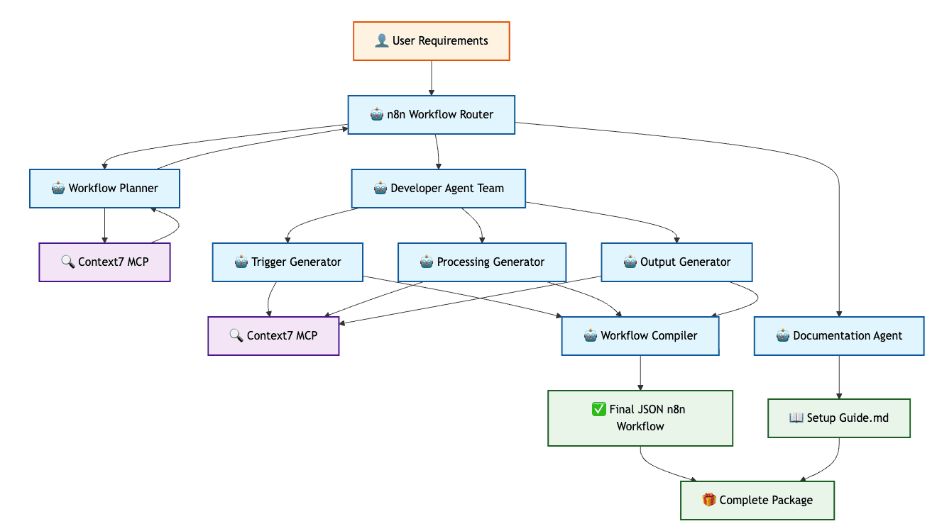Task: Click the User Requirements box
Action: (x=432, y=41)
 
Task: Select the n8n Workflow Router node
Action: (x=432, y=114)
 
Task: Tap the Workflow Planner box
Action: (x=104, y=189)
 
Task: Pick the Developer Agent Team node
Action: (x=439, y=189)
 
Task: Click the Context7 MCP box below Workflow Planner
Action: (x=104, y=262)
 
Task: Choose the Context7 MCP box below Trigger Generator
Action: (x=273, y=335)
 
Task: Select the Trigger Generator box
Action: (x=287, y=262)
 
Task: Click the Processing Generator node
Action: (x=482, y=262)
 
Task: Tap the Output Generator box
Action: (x=676, y=262)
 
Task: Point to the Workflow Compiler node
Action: (x=640, y=335)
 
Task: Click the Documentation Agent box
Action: (x=839, y=335)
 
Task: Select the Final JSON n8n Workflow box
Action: (x=640, y=418)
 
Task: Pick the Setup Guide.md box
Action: (x=839, y=418)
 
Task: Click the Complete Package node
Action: (x=757, y=501)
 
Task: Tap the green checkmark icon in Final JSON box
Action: (x=598, y=409)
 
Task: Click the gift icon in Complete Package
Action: (x=708, y=500)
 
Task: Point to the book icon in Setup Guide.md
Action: (x=796, y=418)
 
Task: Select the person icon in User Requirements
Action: (x=381, y=40)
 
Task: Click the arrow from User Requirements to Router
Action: (x=432, y=78)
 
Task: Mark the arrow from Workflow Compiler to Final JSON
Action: (x=640, y=373)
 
